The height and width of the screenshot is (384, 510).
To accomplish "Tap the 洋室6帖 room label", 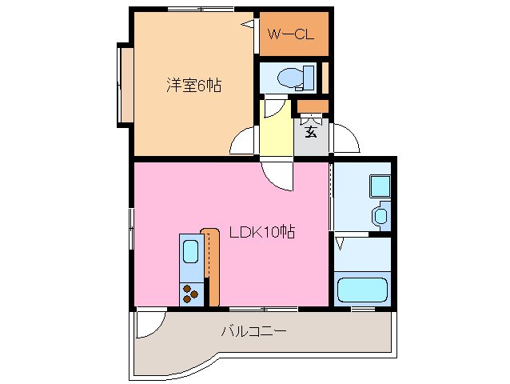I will coord(193,85).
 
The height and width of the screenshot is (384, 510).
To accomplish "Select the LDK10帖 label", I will coord(262,233).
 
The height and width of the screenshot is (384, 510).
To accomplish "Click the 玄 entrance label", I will coord(310,131).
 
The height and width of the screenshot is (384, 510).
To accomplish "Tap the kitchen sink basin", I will coord(191,251).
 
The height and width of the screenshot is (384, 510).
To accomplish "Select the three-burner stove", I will coord(191,294).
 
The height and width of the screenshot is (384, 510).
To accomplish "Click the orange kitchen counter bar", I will coord(210,266).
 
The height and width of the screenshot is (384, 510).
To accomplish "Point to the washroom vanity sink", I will coord(381,215).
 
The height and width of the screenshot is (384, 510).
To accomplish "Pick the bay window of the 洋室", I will coord(125,85).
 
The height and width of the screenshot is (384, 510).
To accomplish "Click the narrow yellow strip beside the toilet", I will coord(325,78).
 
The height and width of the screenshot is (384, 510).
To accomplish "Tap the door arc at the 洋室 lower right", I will coord(244,142).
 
